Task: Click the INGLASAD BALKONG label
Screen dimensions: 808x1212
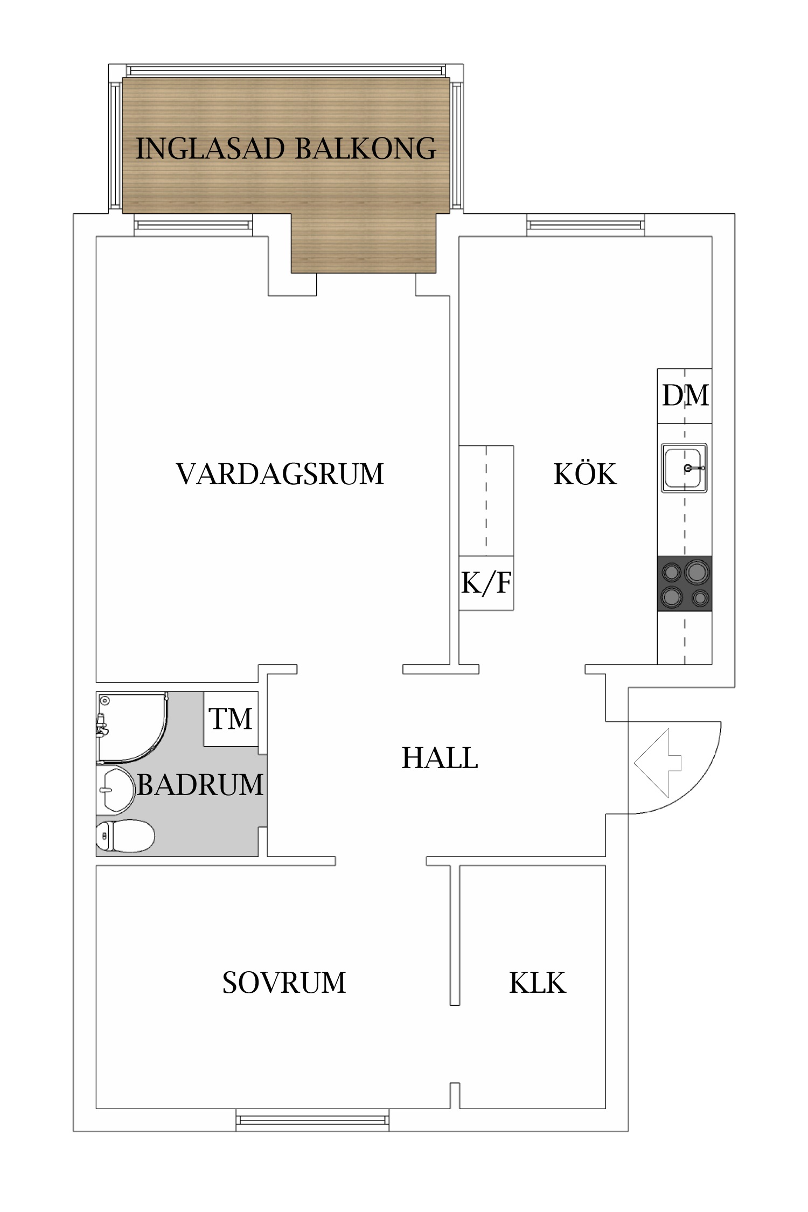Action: (285, 149)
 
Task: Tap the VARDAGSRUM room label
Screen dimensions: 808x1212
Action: (280, 474)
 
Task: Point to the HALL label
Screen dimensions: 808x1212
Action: (440, 758)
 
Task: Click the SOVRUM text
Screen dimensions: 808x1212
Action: (284, 983)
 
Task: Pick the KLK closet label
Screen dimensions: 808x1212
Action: (538, 983)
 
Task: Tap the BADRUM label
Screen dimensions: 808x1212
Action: (200, 784)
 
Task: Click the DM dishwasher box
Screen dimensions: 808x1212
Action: (685, 396)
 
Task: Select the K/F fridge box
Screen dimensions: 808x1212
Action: (486, 583)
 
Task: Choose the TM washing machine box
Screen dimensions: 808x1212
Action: (231, 719)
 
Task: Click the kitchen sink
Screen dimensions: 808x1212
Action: (684, 468)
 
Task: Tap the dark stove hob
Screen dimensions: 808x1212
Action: (685, 583)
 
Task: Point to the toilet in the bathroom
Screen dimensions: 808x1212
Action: (126, 836)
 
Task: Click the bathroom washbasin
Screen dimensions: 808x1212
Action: (115, 790)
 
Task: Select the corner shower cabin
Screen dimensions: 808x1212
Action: (132, 727)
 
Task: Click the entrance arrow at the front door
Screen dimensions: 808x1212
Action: (658, 763)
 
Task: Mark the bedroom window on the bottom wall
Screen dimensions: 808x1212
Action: (312, 1120)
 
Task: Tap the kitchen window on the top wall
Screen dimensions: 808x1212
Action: (586, 225)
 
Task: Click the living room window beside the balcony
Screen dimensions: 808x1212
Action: (193, 225)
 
